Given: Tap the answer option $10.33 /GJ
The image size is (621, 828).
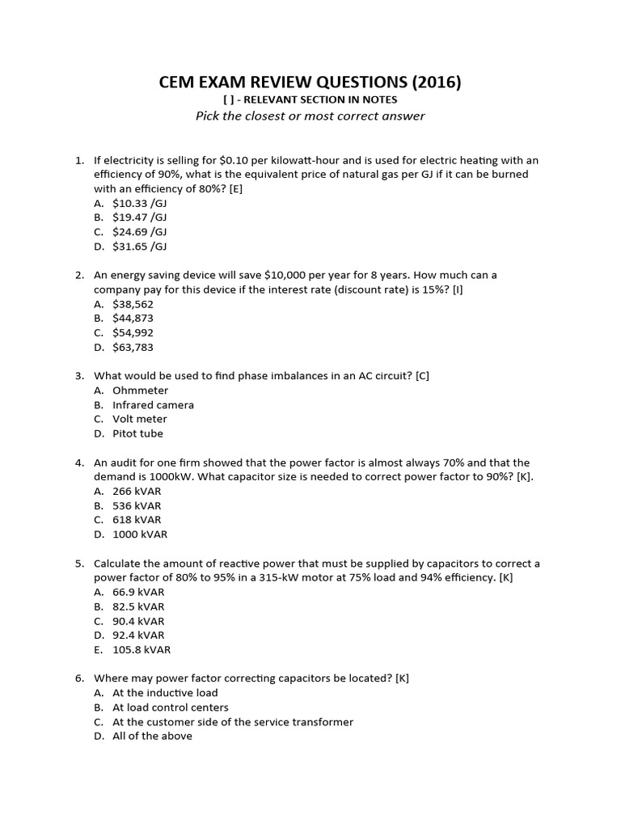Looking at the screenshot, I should [139, 203].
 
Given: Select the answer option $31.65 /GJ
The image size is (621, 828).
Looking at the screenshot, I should [139, 247].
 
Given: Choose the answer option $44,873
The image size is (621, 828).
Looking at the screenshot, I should [133, 319].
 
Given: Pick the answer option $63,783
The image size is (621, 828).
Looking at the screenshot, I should [133, 347].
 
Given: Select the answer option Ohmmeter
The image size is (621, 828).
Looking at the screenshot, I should [140, 391].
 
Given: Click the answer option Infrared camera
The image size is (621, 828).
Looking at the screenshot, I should [153, 405].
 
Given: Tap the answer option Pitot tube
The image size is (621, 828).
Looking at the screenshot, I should [137, 433].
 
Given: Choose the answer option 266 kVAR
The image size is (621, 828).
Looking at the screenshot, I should [137, 491].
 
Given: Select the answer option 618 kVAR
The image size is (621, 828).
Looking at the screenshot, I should [137, 520].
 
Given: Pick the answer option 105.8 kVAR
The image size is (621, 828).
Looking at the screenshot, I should [142, 649].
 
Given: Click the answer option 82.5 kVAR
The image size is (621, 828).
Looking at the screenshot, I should [138, 606].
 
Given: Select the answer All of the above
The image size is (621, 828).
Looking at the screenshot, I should [152, 736].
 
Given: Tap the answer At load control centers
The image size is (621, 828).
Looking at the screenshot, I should [170, 708].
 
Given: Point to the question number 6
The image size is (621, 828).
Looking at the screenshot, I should [79, 678].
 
